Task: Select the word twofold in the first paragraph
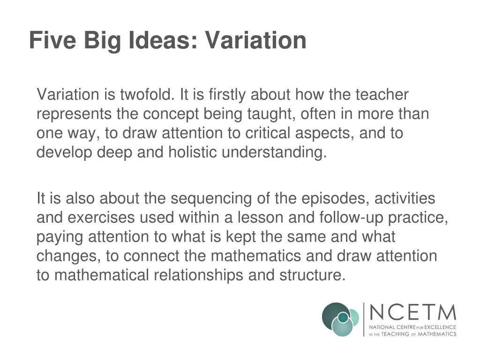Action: tap(147, 95)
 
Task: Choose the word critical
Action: tap(267, 134)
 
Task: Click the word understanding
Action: tap(274, 153)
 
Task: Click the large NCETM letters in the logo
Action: tap(412, 312)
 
